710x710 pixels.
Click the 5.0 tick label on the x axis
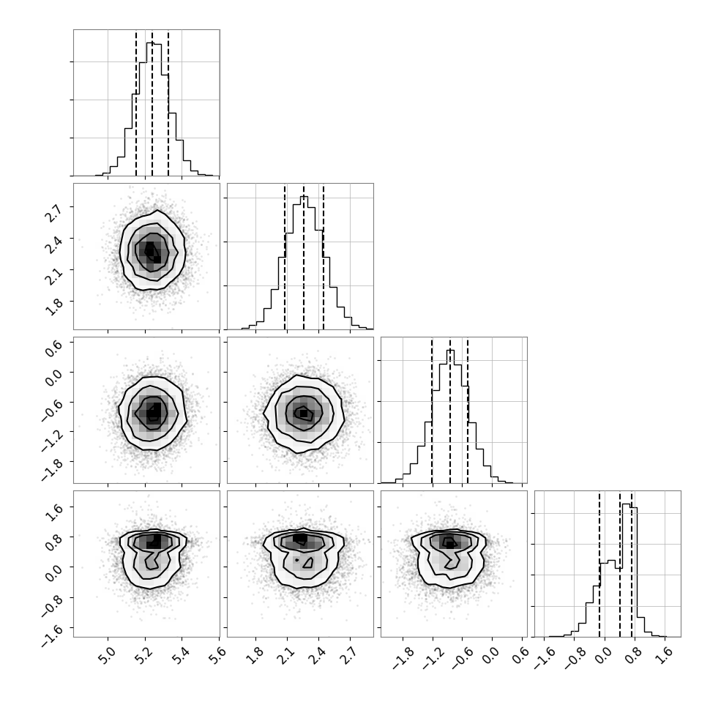click(x=107, y=655)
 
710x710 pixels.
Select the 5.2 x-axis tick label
click(x=144, y=655)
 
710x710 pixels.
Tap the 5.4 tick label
click(x=181, y=655)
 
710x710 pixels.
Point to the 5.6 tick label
click(x=218, y=655)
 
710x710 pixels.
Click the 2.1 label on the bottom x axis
click(x=286, y=655)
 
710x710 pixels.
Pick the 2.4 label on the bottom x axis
click(x=318, y=655)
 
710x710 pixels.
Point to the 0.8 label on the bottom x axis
click(x=635, y=655)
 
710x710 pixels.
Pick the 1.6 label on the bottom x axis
click(x=665, y=655)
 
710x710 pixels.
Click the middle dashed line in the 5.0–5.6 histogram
click(x=152, y=102)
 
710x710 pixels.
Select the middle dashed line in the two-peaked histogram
click(x=620, y=564)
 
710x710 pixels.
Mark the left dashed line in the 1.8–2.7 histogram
click(x=285, y=256)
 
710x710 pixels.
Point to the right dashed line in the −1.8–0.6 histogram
click(x=467, y=410)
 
